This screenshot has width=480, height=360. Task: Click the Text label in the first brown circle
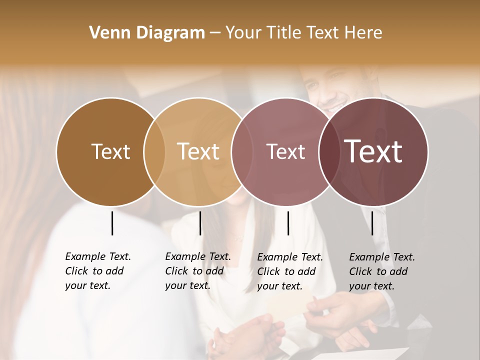(110, 151)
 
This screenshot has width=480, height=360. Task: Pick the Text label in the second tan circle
(198, 151)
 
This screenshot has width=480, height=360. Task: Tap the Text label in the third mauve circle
(285, 151)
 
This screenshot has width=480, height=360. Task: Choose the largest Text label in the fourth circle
(373, 151)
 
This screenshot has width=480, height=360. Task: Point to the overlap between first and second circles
(154, 151)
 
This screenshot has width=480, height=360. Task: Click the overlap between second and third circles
(241, 151)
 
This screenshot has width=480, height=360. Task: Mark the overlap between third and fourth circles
(329, 151)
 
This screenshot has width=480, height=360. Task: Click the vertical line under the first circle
(112, 223)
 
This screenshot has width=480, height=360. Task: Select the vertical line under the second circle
(200, 223)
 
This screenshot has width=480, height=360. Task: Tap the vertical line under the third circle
(288, 223)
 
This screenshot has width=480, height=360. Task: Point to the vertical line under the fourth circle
(372, 223)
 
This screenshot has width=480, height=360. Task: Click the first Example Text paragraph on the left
(98, 271)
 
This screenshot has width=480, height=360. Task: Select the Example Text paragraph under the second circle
(198, 271)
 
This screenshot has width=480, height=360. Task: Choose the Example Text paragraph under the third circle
(290, 271)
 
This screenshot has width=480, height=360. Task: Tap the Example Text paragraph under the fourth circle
(382, 271)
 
